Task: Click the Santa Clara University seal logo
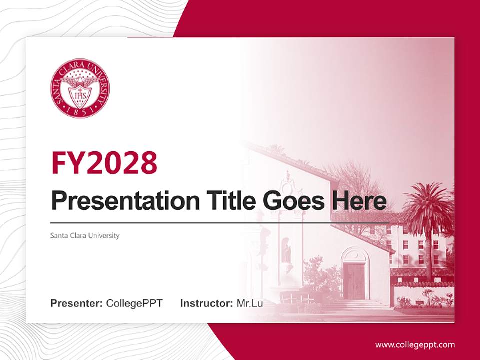[x=80, y=88]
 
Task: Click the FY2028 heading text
[x=104, y=162]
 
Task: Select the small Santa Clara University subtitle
[x=85, y=235]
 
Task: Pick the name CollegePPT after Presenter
[x=134, y=303]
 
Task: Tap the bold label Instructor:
[x=206, y=303]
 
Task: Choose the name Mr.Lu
[x=250, y=303]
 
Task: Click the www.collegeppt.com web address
[x=415, y=344]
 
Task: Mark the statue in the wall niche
[x=287, y=252]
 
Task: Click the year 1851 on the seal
[x=80, y=112]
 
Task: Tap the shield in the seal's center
[x=80, y=93]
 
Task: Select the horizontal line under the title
[x=220, y=222]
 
